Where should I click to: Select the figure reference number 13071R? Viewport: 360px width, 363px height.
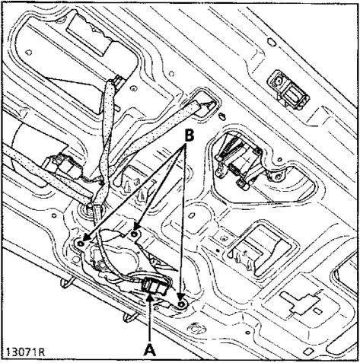coord(25,352)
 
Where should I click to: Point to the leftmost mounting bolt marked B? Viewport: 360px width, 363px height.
coord(81,244)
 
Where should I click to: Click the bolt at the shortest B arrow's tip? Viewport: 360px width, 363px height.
coord(134,234)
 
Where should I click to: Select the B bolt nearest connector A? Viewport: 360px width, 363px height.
coord(181,304)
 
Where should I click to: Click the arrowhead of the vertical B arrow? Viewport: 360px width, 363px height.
coord(180,298)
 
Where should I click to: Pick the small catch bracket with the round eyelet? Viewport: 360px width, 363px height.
coord(288,91)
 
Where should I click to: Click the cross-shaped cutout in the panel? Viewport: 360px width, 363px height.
coord(299,301)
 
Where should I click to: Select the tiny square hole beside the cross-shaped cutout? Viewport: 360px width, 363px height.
coord(317,310)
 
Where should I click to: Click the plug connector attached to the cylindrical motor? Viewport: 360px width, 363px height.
coord(62,166)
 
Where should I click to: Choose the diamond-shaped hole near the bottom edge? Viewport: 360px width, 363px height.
coord(307,351)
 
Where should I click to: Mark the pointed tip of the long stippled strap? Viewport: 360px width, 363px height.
coord(212,103)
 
